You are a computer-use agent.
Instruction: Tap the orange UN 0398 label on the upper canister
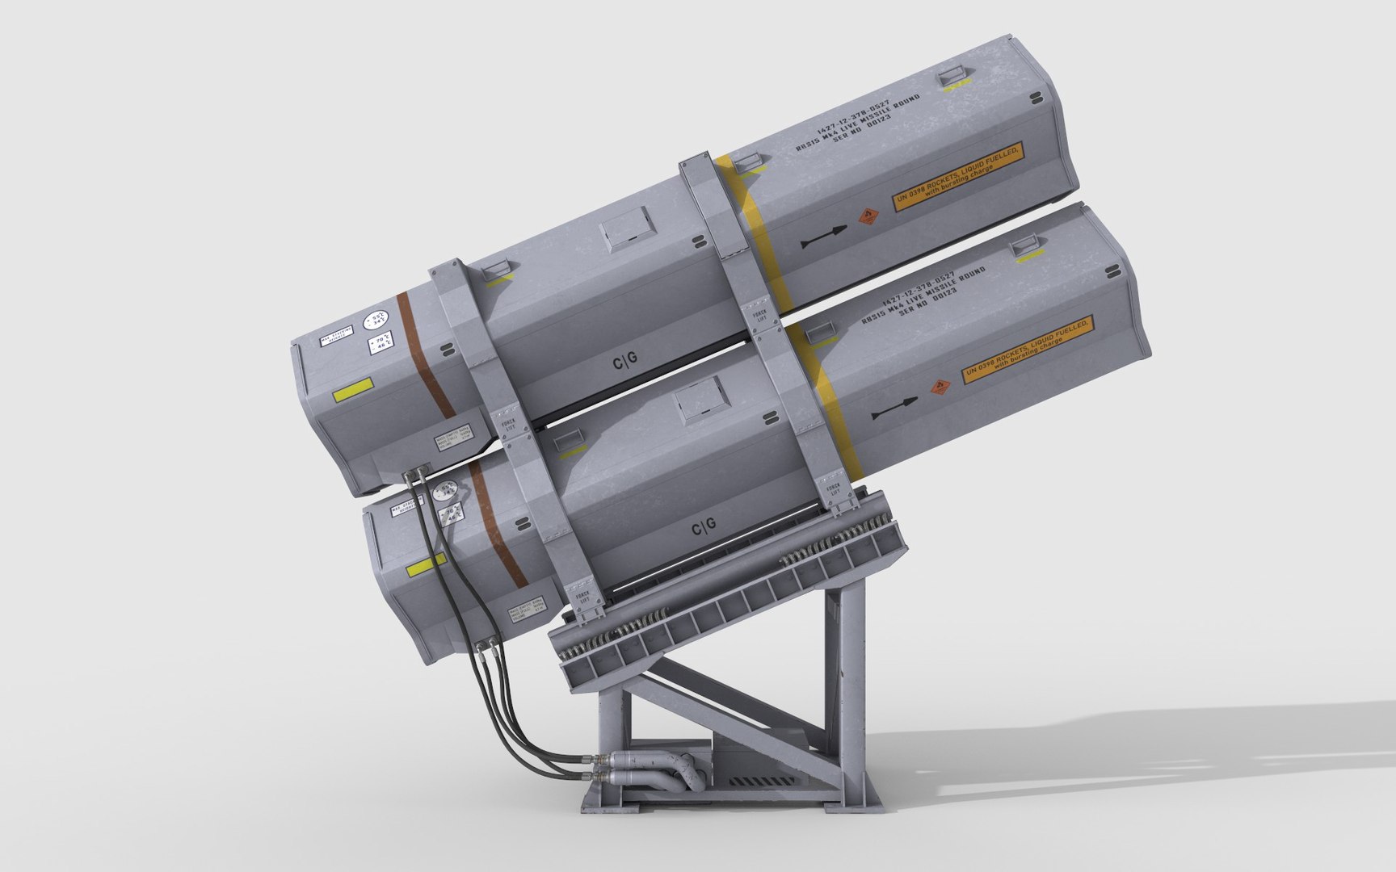pyautogui.click(x=959, y=178)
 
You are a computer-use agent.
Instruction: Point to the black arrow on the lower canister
pyautogui.click(x=894, y=408)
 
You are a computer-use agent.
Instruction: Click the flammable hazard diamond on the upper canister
pyautogui.click(x=869, y=216)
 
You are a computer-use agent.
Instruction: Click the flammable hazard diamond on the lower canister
pyautogui.click(x=940, y=385)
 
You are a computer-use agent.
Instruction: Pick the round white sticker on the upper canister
pyautogui.click(x=375, y=320)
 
